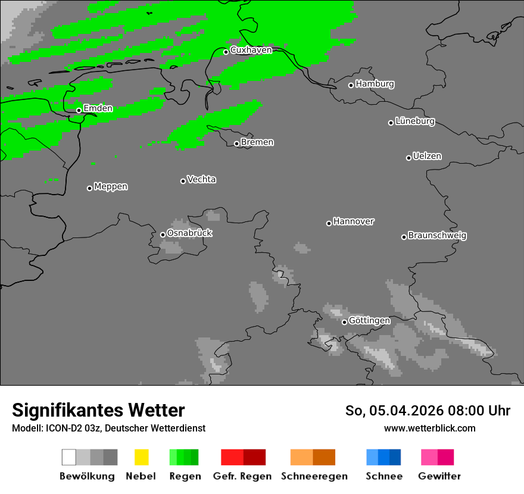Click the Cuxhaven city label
(251, 50)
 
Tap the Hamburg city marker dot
(351, 85)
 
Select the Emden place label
(98, 108)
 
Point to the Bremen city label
(257, 142)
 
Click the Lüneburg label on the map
(415, 121)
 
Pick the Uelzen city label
(427, 157)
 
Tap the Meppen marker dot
(89, 188)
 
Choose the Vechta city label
(201, 179)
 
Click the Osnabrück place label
(189, 233)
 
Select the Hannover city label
(354, 221)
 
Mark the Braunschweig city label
(437, 236)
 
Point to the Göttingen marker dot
(344, 322)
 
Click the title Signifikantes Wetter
(98, 410)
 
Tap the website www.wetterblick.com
(429, 428)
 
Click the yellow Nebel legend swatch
(141, 457)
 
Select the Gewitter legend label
(439, 476)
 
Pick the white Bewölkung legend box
(69, 457)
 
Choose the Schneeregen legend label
(314, 476)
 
